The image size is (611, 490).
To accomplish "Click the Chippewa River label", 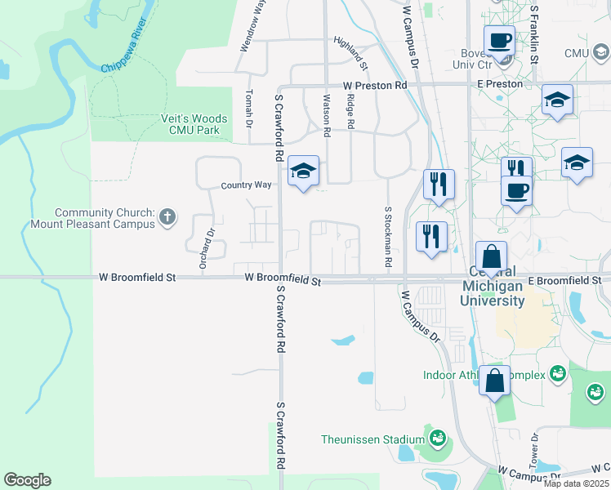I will coord(129,51).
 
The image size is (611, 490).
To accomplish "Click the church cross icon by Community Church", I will coord(167,216).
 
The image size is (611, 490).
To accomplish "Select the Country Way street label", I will coord(246,185).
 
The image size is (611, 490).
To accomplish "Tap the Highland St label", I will coord(351,49).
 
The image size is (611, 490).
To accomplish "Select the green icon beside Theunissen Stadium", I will coord(438,439).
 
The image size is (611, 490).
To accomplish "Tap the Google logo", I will coord(27,480).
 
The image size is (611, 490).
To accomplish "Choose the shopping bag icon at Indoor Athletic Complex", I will coord(495,381).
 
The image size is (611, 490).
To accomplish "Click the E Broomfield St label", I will coord(564,280).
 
